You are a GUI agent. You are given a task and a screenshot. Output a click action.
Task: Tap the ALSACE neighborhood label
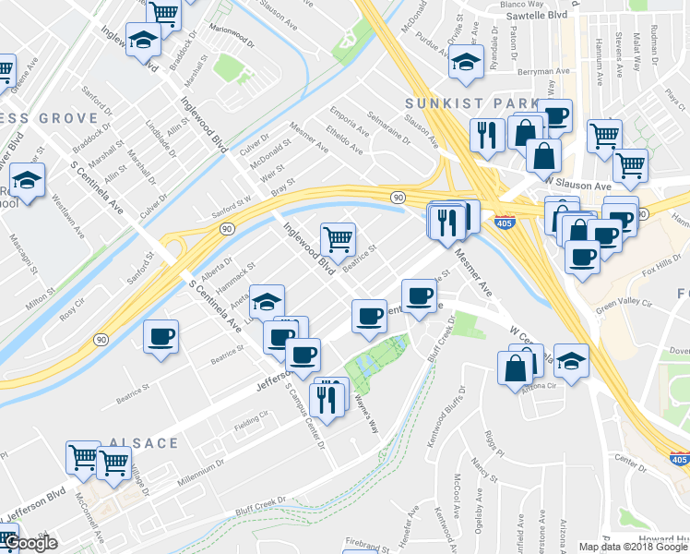click(143, 443)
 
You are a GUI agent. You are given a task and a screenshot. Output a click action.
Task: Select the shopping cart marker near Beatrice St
click(339, 239)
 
